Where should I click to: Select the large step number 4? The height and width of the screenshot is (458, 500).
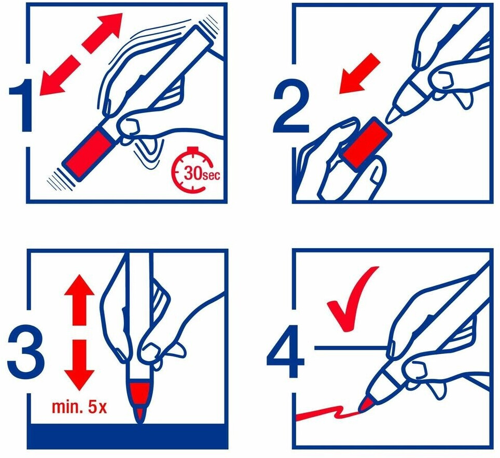285,350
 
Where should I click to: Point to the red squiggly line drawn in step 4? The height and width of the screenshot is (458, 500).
327,413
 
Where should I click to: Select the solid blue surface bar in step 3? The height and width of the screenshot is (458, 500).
128,436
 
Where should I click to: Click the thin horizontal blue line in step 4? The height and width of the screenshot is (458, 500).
351,348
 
